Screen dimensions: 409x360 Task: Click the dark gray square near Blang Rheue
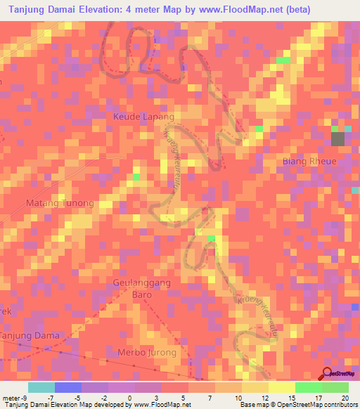(338, 139)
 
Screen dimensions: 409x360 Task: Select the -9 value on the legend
(20, 397)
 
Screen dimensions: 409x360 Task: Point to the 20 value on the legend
(345, 397)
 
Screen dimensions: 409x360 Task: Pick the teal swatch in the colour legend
(41, 387)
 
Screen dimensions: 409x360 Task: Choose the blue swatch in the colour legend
(67, 387)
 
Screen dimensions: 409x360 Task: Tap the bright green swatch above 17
(308, 387)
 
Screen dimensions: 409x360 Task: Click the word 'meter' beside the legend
(9, 397)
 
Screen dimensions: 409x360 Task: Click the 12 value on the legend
(264, 397)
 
